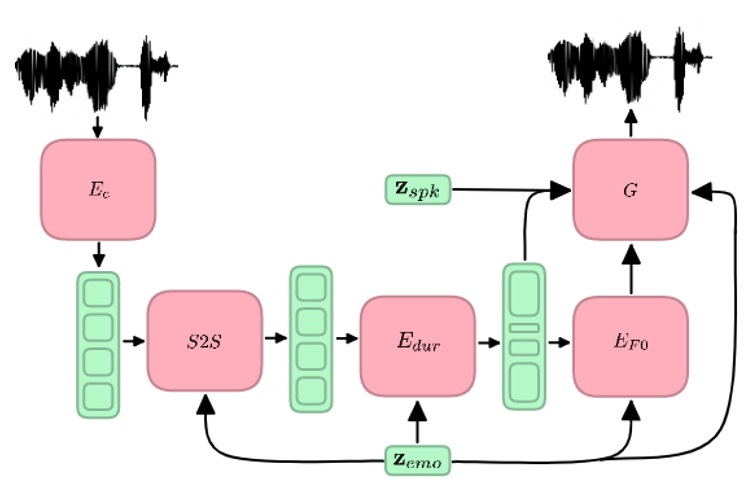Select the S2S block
click(x=205, y=340)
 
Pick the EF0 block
click(x=631, y=346)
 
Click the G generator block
click(x=631, y=189)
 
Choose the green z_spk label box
click(x=418, y=188)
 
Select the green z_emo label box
click(x=418, y=462)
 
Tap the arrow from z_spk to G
click(x=510, y=188)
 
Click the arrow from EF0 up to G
click(x=631, y=268)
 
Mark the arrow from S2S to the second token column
click(x=275, y=338)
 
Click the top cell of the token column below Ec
click(x=98, y=293)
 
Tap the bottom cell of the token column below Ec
click(x=98, y=393)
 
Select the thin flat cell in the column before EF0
click(x=524, y=328)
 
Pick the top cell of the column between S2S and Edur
click(x=311, y=288)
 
